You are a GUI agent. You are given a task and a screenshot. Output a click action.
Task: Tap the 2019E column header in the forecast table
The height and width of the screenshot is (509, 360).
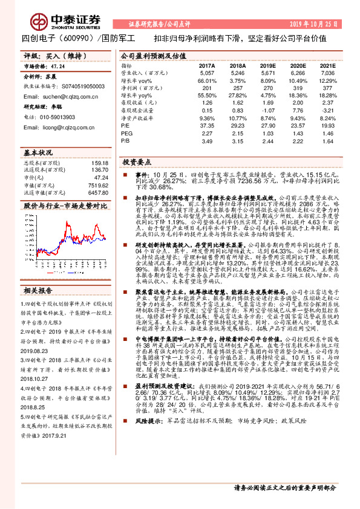(267, 65)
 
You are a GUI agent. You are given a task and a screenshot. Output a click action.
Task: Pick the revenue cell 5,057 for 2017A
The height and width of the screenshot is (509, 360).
(207, 72)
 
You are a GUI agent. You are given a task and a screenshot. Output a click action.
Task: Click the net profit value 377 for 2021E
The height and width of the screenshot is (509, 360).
(327, 88)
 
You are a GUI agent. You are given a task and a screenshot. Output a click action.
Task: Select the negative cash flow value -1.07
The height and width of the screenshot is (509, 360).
(267, 110)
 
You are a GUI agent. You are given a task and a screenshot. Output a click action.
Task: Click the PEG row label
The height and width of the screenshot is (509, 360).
(125, 133)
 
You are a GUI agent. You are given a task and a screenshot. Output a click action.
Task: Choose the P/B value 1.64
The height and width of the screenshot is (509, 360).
(327, 140)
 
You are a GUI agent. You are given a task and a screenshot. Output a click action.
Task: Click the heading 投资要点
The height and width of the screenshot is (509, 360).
(137, 163)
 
